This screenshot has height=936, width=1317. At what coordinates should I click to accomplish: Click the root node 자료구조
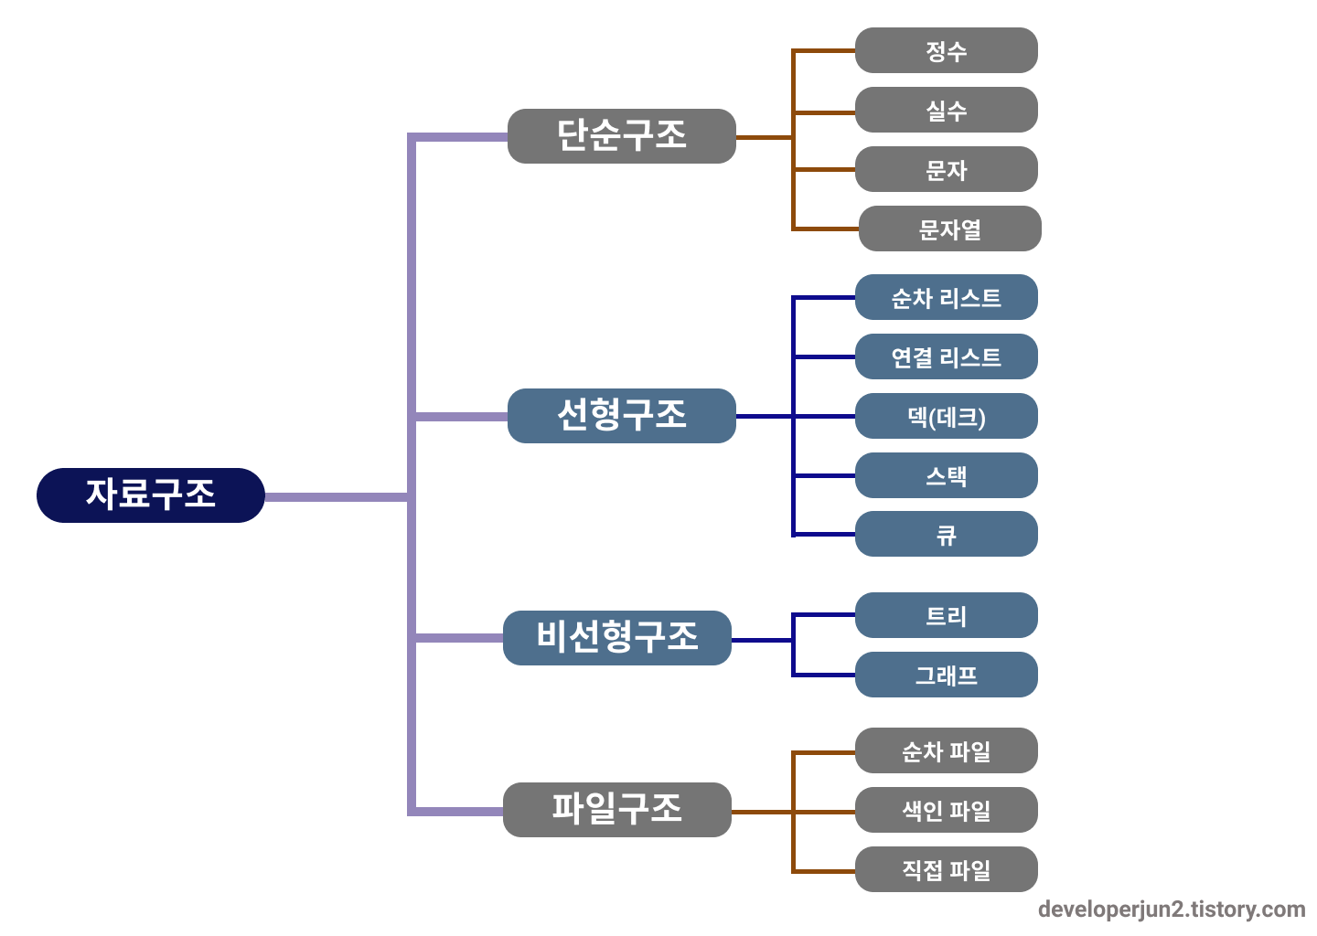[x=151, y=495]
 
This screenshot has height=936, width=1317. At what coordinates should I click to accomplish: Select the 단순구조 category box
[x=622, y=136]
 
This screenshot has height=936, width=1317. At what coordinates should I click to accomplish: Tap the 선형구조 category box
[x=622, y=416]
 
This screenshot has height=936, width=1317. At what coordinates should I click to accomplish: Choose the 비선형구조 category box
[x=617, y=638]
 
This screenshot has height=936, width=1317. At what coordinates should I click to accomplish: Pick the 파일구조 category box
[x=617, y=810]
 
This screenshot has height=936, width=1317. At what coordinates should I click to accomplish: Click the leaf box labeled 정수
[x=947, y=50]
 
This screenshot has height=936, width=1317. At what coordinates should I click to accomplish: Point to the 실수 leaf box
[x=947, y=110]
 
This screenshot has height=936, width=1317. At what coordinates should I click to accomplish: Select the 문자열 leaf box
[x=950, y=229]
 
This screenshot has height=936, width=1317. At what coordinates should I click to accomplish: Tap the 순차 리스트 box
[x=947, y=297]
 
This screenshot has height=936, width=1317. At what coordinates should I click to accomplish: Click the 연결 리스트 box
[x=947, y=356]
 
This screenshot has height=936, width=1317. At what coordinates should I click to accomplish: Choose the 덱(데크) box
[x=947, y=416]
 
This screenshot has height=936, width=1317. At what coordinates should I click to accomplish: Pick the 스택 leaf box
[x=947, y=475]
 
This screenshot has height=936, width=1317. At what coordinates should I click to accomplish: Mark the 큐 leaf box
[x=947, y=534]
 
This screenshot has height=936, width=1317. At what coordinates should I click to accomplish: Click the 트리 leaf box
[x=947, y=615]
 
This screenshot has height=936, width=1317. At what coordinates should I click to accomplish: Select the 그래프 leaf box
[x=947, y=675]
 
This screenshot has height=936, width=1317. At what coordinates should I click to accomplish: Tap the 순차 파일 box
[x=947, y=750]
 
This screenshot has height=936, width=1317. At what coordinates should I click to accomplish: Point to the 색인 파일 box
[x=947, y=810]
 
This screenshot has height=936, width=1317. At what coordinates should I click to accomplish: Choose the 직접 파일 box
[x=947, y=869]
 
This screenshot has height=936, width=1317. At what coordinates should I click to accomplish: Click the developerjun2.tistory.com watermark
[x=1172, y=909]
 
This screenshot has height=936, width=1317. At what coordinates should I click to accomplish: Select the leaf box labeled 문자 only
[x=947, y=169]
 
